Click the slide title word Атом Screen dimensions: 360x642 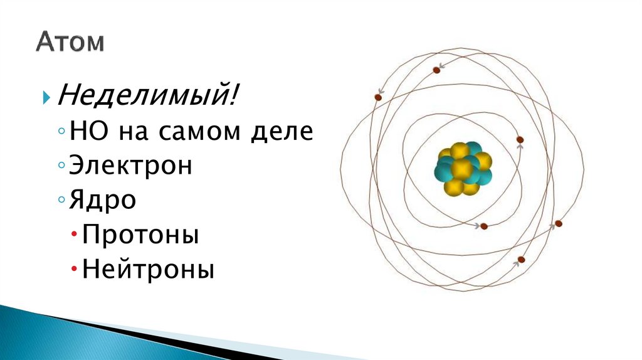70,43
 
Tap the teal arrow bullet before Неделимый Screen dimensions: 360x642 46,98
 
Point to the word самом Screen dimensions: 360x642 199,132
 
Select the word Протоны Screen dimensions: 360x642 140,236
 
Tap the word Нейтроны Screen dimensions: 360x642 148,270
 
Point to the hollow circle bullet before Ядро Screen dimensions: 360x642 60,201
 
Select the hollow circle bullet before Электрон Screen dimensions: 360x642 60,167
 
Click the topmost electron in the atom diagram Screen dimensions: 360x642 437,70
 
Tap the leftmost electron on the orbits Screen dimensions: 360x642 378,97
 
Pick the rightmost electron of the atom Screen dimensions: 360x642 559,223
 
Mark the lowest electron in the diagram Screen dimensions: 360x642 521,260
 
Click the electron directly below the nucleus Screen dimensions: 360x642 483,227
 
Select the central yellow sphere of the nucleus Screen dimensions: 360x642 462,168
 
